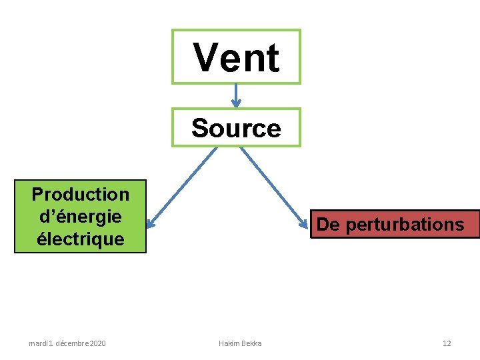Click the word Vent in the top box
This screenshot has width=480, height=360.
click(x=236, y=57)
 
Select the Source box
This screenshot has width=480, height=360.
click(x=236, y=127)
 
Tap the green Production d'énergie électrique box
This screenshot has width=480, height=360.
click(x=80, y=217)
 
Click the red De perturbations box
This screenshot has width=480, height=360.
click(x=395, y=224)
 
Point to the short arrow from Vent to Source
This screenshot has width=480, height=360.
click(x=236, y=95)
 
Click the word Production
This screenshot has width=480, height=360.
click(x=80, y=195)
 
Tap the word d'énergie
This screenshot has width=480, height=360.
click(x=80, y=217)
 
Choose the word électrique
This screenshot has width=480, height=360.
click(x=80, y=239)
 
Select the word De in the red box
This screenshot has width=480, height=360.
click(x=328, y=225)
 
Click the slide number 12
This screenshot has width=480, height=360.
click(x=447, y=343)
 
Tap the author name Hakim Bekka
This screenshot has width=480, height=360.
click(x=240, y=343)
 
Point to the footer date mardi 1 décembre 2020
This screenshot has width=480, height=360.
click(x=67, y=343)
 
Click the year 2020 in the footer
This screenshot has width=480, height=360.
click(x=96, y=343)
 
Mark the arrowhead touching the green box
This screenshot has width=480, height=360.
click(x=151, y=223)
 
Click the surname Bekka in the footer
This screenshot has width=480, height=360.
click(x=251, y=343)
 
